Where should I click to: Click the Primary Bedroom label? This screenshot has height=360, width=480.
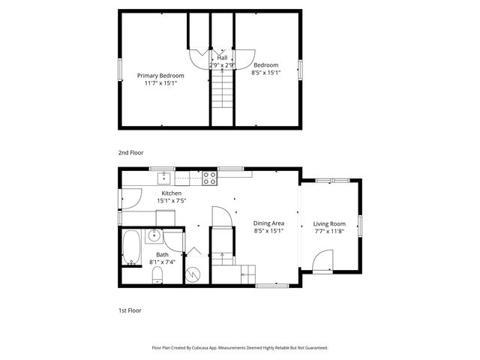coord(160,75)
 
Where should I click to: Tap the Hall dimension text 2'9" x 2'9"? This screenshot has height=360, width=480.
coord(222,66)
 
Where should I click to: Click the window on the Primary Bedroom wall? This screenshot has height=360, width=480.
coord(120,69)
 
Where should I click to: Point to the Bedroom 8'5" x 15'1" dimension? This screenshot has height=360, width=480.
coord(265,73)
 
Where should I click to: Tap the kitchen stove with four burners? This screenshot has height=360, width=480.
coord(210,178)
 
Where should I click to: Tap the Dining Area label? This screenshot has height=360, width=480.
coord(268,223)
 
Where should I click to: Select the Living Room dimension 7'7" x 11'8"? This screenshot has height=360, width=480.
coord(328,232)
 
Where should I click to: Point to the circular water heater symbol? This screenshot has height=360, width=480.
coord(193,274)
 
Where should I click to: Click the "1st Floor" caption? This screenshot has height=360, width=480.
coord(129,310)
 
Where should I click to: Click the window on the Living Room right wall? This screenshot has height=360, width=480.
coord(361,225)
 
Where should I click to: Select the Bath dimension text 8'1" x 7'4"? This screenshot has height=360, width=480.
coord(161,262)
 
